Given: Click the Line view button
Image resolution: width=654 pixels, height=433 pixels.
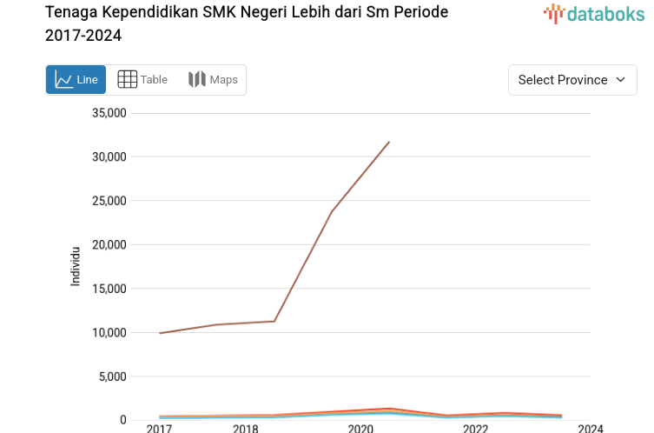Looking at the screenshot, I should [76, 80].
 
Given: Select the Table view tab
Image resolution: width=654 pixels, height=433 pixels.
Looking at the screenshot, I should [142, 80].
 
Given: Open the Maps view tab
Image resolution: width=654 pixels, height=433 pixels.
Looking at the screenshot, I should [213, 80].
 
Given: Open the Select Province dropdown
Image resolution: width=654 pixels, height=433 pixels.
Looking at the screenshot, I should [572, 80].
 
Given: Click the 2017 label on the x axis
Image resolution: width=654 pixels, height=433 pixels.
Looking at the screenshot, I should [159, 428].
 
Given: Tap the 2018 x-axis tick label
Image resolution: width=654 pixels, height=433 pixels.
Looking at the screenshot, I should [246, 428].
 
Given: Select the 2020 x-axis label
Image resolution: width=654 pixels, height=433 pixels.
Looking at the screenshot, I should [360, 428].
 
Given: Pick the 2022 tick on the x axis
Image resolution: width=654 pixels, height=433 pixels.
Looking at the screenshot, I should [475, 428].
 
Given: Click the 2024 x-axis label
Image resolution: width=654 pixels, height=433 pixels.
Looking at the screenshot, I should [590, 428].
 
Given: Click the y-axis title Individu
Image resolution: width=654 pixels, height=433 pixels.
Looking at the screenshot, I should [76, 267].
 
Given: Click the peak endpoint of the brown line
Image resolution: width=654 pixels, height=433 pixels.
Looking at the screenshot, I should [389, 142].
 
